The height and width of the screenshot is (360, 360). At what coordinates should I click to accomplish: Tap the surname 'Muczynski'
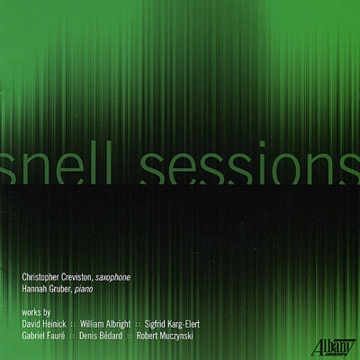[190, 333]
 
